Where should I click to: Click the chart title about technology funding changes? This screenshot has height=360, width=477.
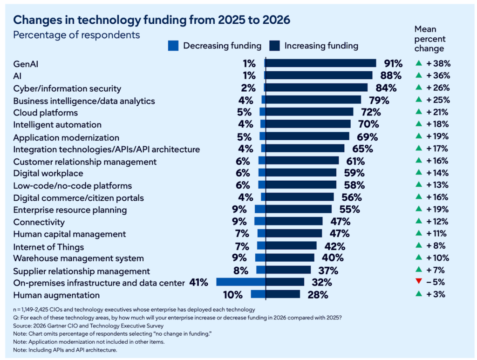point(152,20)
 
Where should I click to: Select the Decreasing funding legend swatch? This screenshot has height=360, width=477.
point(173,46)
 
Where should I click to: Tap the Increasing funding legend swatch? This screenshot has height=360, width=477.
point(275,46)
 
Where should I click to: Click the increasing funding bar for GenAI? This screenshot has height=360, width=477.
point(320,63)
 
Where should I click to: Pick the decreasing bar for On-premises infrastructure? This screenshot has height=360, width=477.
point(241,282)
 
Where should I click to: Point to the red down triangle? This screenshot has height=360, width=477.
point(418,282)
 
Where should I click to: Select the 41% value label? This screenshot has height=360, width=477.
point(198,282)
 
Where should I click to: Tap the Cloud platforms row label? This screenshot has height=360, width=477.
point(46,113)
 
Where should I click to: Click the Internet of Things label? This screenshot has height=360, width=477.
point(48,246)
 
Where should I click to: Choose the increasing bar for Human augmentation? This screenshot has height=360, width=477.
point(283,294)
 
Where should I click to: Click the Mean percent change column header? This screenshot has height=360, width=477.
point(429,39)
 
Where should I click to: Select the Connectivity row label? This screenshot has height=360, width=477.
point(39,222)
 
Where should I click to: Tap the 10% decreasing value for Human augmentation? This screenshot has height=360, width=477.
point(232,295)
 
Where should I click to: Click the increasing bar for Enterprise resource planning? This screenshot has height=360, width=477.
point(299,210)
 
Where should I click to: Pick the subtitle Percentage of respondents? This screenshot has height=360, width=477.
point(76,35)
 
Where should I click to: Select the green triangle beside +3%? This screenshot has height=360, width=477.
point(418,294)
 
